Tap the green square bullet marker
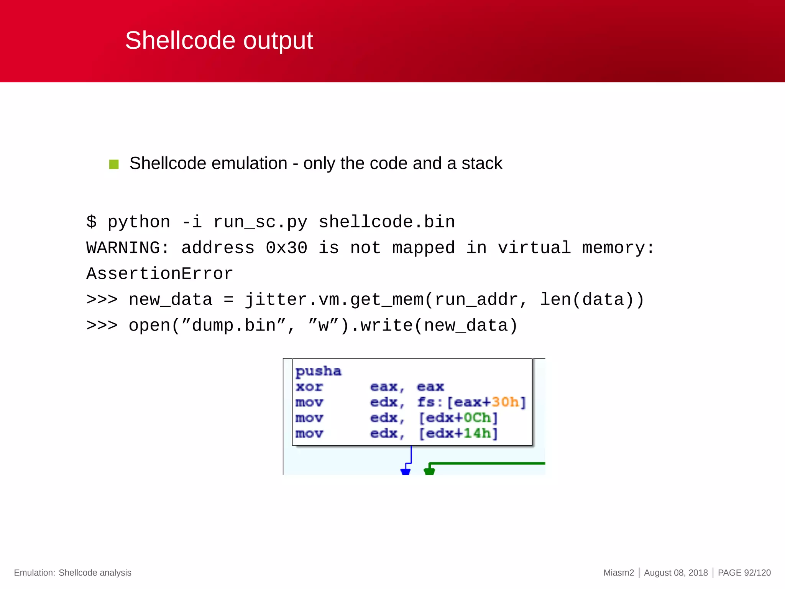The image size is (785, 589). pyautogui.click(x=114, y=164)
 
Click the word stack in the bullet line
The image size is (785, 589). pyautogui.click(x=481, y=163)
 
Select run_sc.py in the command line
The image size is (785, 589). pyautogui.click(x=260, y=222)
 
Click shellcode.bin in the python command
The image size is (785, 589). pyautogui.click(x=387, y=222)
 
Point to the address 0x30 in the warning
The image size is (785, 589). pyautogui.click(x=286, y=248)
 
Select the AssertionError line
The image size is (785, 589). pyautogui.click(x=159, y=274)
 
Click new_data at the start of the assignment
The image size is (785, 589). pyautogui.click(x=171, y=299)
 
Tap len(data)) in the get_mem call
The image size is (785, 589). pyautogui.click(x=592, y=299)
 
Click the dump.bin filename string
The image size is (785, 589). pyautogui.click(x=234, y=326)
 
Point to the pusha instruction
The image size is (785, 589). pyautogui.click(x=318, y=371)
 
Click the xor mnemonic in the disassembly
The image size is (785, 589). pyautogui.click(x=309, y=387)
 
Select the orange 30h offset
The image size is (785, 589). pyautogui.click(x=505, y=402)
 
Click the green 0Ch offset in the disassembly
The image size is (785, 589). pyautogui.click(x=477, y=418)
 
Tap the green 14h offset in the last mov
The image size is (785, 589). pyautogui.click(x=477, y=433)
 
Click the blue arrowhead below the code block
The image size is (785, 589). pyautogui.click(x=405, y=472)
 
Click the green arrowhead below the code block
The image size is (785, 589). pyautogui.click(x=429, y=472)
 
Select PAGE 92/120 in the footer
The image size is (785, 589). pyautogui.click(x=744, y=573)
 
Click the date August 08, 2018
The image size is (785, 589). pyautogui.click(x=676, y=573)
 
